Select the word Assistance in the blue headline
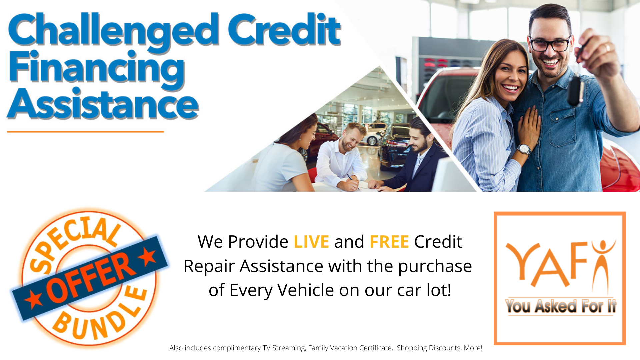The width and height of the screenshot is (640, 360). coord(103,104)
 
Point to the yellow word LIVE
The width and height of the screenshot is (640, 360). coord(311,242)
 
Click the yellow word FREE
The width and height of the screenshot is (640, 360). coord(389,242)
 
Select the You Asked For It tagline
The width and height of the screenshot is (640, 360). coord(561,306)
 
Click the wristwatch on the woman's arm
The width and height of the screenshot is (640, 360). coord(524,149)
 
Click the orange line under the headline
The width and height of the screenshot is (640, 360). coord(85,132)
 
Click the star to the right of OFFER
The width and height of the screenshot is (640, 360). coord(147,257)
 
